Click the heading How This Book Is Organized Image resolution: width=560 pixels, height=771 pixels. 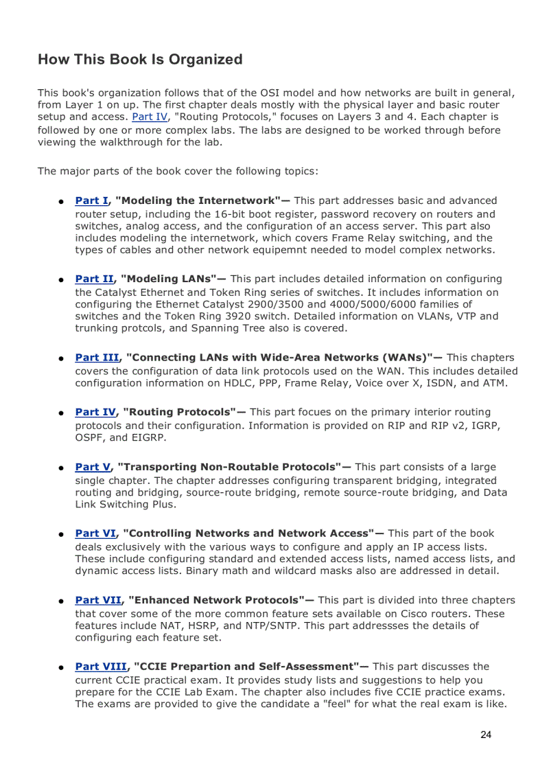(x=140, y=60)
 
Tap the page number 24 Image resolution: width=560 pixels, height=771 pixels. (x=486, y=735)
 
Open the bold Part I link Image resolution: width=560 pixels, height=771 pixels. (x=91, y=200)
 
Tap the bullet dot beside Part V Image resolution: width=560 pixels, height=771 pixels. (x=61, y=468)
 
